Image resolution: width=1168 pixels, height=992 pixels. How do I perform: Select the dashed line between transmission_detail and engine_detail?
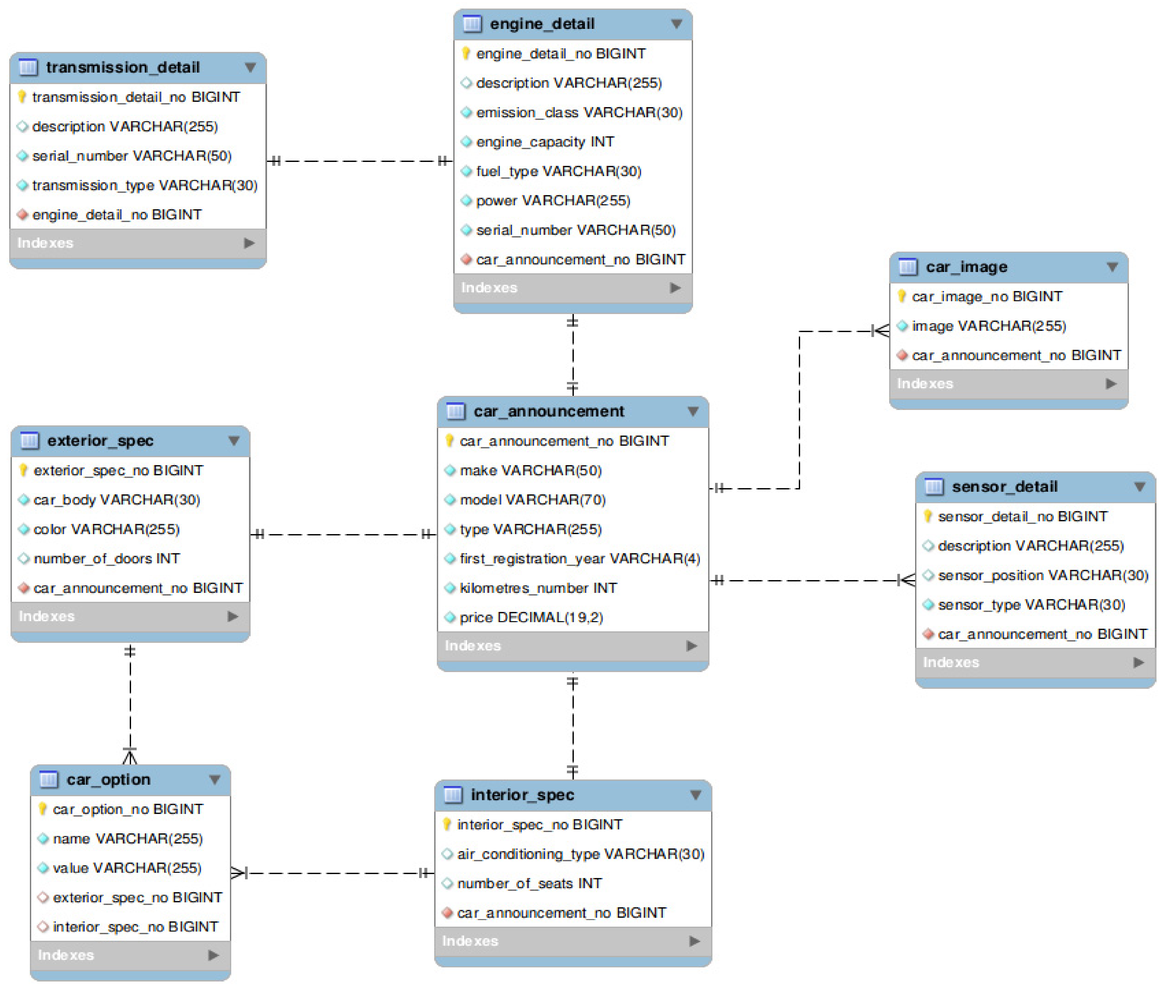pyautogui.click(x=360, y=161)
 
